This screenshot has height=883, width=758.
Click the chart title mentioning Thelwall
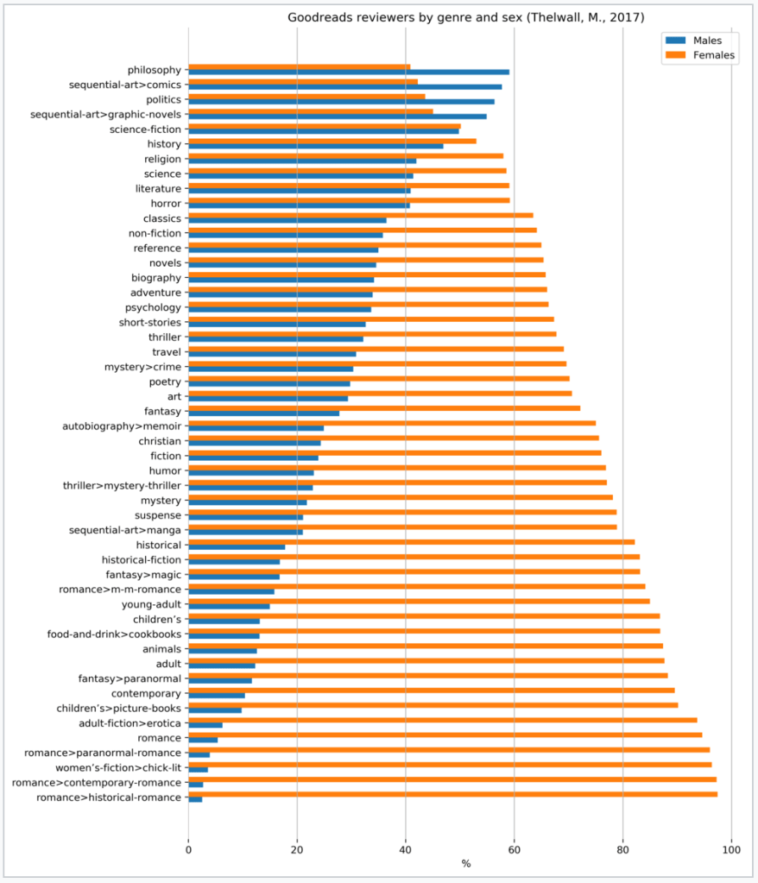point(465,17)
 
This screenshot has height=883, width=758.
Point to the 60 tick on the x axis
point(514,849)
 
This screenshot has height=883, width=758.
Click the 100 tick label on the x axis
point(731,849)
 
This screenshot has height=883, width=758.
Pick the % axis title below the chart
point(465,864)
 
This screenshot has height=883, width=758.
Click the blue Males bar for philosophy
point(349,73)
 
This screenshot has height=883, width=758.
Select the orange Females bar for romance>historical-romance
point(452,794)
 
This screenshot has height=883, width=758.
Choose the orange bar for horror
point(349,199)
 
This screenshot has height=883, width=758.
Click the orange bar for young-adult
point(419,601)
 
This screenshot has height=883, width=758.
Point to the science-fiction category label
point(145,129)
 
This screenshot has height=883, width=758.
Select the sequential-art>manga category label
point(125,530)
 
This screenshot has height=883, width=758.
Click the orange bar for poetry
point(378,378)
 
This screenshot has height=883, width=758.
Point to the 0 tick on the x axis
point(188,849)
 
